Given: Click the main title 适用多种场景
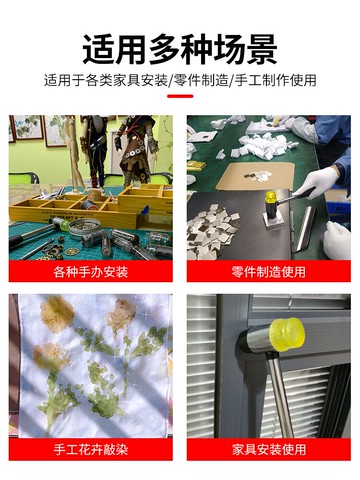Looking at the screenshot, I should [x=180, y=46].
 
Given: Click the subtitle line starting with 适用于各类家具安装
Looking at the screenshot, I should [x=180, y=79].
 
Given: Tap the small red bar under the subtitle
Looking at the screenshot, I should [x=180, y=97].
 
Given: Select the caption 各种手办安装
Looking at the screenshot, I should [x=90, y=271].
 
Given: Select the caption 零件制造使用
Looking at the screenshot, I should [x=268, y=271].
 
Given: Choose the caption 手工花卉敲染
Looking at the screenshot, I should [x=90, y=449].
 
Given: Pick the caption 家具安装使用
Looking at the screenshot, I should [x=268, y=449].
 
